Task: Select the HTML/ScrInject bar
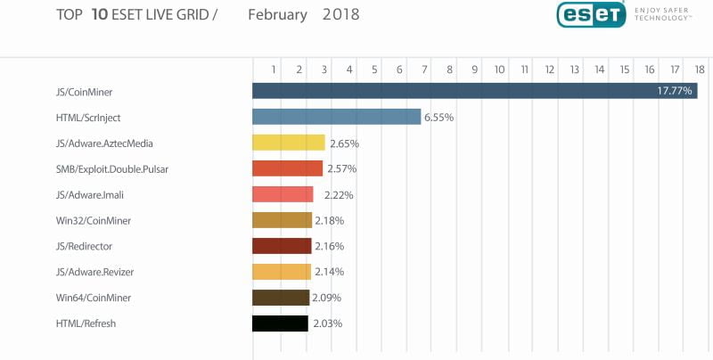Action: coord(336,117)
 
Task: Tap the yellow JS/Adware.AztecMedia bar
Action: coord(288,143)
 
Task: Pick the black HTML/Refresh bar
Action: coord(280,323)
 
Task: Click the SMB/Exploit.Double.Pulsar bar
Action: coord(287,168)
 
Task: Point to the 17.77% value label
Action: coord(675,91)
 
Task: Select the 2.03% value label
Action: coord(327,323)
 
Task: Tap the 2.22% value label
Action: coord(332,194)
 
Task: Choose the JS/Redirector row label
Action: coord(84,246)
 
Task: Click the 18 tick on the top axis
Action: coord(700,69)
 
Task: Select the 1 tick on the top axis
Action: coord(274,69)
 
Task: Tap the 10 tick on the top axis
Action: coord(499,69)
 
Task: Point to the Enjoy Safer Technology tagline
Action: coord(663,12)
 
